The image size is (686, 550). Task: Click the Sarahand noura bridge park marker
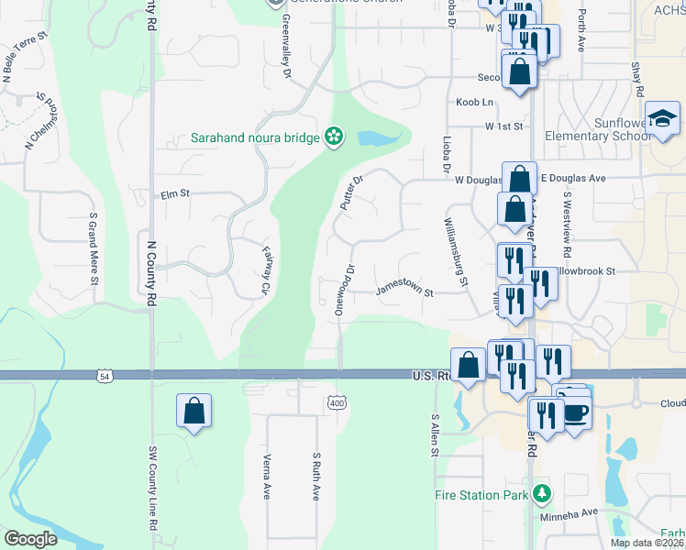click(x=334, y=137)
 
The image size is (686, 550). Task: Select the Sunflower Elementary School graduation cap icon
click(x=661, y=119)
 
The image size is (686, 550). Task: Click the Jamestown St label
click(x=404, y=291)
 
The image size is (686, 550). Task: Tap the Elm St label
click(x=174, y=194)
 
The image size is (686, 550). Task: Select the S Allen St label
click(x=434, y=437)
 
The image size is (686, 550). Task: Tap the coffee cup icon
click(x=575, y=412)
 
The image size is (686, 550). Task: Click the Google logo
click(x=30, y=539)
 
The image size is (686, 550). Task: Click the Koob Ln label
click(x=475, y=102)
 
